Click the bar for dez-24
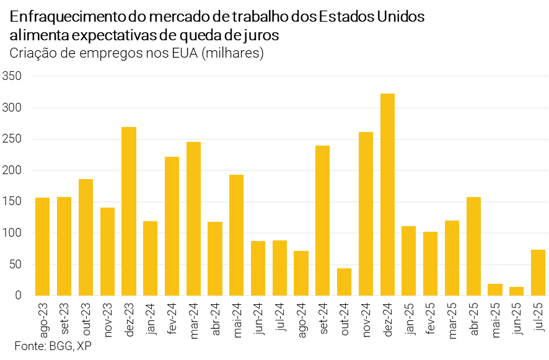[387, 195]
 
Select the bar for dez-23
[129, 211]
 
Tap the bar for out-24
[344, 282]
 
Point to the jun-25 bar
[517, 291]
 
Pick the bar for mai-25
[495, 289]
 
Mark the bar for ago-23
[43, 247]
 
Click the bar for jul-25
[538, 273]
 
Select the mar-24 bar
[193, 219]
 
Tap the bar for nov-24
[366, 214]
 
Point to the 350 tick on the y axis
[12, 76]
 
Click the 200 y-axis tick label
[12, 170]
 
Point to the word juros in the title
[261, 35]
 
